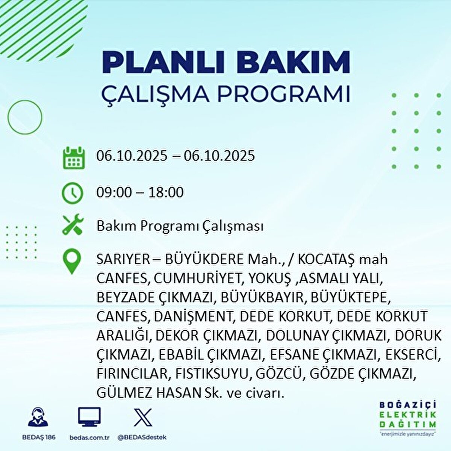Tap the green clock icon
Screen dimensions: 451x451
pos(72,193)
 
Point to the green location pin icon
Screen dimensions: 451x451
pos(71,262)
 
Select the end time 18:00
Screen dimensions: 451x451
pos(166,192)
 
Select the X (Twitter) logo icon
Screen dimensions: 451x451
pos(143,418)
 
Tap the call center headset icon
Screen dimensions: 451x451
pos(38,418)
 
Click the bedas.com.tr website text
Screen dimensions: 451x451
pos(89,437)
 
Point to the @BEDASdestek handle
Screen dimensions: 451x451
pos(142,437)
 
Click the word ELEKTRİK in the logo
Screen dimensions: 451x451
pos(407,415)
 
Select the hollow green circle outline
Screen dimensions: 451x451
pos(25,117)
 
